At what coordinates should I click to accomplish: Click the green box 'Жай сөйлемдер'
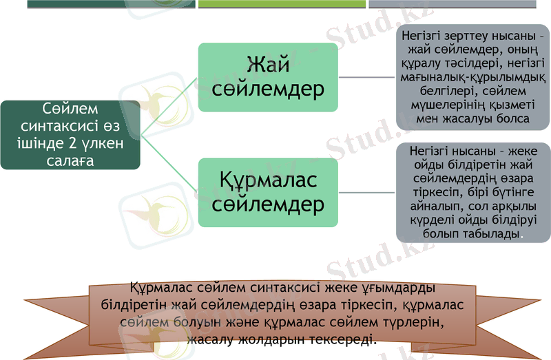pos(268,77)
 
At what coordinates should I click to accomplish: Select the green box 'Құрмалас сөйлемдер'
pos(268,192)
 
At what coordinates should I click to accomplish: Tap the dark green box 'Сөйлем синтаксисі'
pos(70,135)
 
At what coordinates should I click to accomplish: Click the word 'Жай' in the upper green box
pos(268,65)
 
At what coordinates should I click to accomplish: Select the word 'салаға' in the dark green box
pos(71,160)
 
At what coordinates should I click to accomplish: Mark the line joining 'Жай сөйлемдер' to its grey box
pos(367,77)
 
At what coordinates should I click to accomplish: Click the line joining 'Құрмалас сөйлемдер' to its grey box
pos(367,192)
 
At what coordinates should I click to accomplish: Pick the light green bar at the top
pos(282,3)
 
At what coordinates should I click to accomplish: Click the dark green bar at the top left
pos(111,3)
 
